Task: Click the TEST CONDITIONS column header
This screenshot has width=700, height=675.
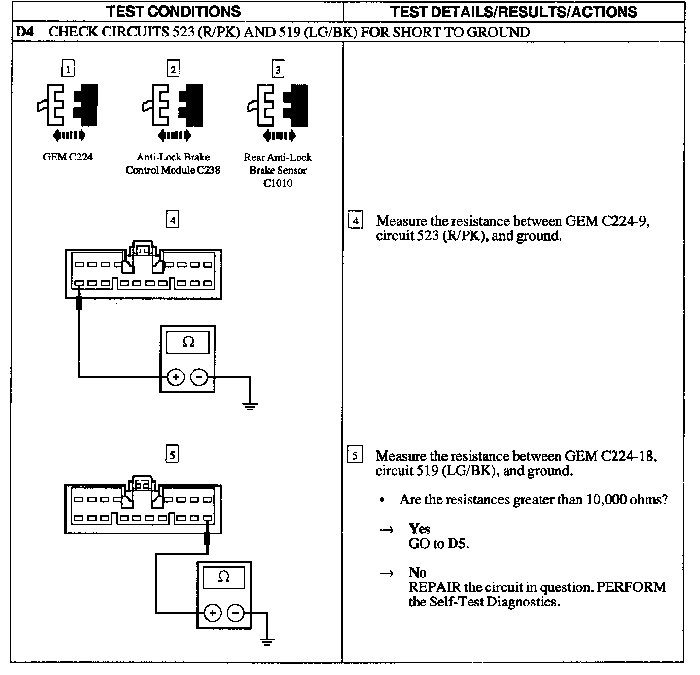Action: pos(173,11)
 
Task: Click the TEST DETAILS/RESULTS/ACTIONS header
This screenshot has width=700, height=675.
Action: pos(513,11)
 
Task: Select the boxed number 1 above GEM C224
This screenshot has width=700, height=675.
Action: pos(68,70)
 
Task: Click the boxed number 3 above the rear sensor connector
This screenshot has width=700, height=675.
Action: pos(278,70)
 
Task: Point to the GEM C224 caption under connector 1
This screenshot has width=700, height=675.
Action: pos(68,157)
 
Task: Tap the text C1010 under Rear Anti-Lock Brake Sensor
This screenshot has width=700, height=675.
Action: pos(278,183)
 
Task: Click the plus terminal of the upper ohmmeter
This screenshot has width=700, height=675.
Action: pos(176,377)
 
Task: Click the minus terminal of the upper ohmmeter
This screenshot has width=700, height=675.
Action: pos(198,377)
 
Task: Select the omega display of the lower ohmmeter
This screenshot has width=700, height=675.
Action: pos(224,577)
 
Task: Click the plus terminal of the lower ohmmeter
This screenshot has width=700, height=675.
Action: pos(212,612)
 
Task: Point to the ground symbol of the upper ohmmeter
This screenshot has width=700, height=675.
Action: pos(250,406)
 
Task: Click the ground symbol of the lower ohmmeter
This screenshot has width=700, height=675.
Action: pos(266,641)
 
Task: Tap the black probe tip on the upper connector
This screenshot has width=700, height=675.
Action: pos(79,302)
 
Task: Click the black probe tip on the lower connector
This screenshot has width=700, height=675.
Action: pos(208,537)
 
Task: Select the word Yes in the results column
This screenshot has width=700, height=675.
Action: pos(420,529)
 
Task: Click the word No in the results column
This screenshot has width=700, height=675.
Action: pos(417,572)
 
